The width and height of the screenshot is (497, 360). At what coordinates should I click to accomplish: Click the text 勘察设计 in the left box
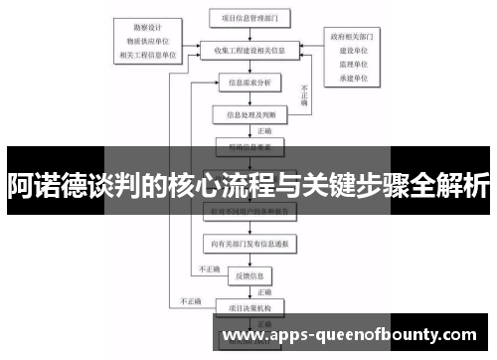(145, 27)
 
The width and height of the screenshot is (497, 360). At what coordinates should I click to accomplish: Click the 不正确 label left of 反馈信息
(209, 269)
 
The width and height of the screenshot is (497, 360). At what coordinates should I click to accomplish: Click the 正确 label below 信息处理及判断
(263, 130)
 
